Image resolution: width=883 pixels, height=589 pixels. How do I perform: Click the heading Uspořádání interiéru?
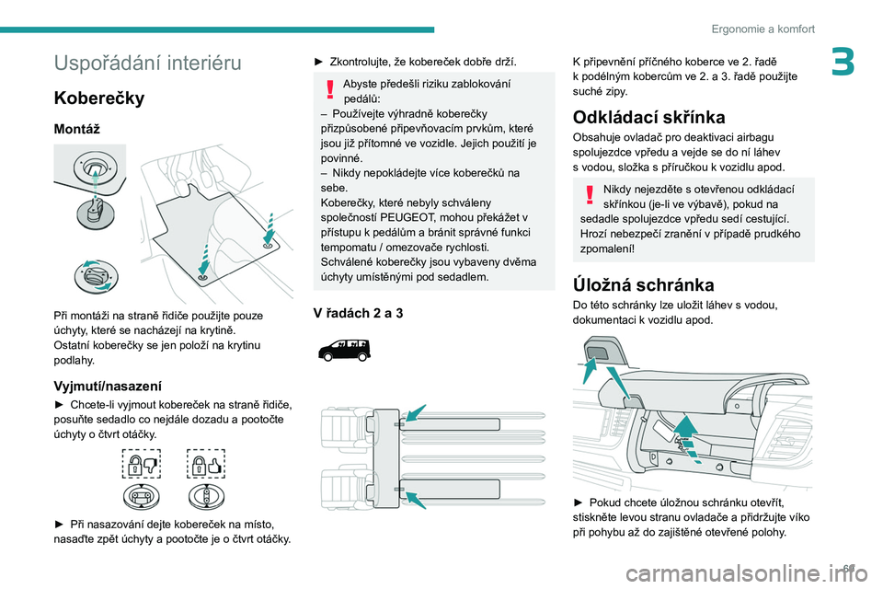click(x=147, y=64)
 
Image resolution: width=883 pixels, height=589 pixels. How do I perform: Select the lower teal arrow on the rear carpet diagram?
click(x=415, y=499)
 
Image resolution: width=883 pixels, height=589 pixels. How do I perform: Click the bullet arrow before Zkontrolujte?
click(x=319, y=61)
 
